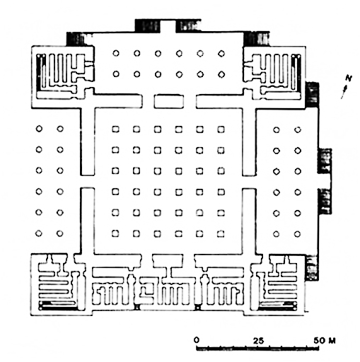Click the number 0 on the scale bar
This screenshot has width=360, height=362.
(197, 340)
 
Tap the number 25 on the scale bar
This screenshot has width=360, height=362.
(258, 341)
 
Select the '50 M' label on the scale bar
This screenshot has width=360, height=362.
(324, 341)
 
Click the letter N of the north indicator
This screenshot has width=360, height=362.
(348, 78)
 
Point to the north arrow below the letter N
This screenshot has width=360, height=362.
(344, 92)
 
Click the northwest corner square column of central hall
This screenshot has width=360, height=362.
(115, 129)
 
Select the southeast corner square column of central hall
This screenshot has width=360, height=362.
(221, 234)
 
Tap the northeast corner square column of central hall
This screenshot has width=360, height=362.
(221, 129)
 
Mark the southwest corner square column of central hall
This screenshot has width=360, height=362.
(115, 233)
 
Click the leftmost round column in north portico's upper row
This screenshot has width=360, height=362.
(116, 53)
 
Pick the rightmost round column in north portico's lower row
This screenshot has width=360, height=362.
(221, 74)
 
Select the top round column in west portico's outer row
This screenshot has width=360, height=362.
(39, 129)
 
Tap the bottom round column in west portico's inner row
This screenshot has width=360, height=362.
(60, 233)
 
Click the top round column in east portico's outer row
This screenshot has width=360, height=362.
(298, 130)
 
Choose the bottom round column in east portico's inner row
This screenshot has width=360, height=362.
(277, 234)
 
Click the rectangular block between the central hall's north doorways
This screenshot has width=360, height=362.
(169, 101)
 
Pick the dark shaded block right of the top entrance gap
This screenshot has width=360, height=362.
(188, 25)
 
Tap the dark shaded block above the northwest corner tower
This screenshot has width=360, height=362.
(76, 39)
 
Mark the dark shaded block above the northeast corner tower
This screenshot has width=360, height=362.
(256, 39)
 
